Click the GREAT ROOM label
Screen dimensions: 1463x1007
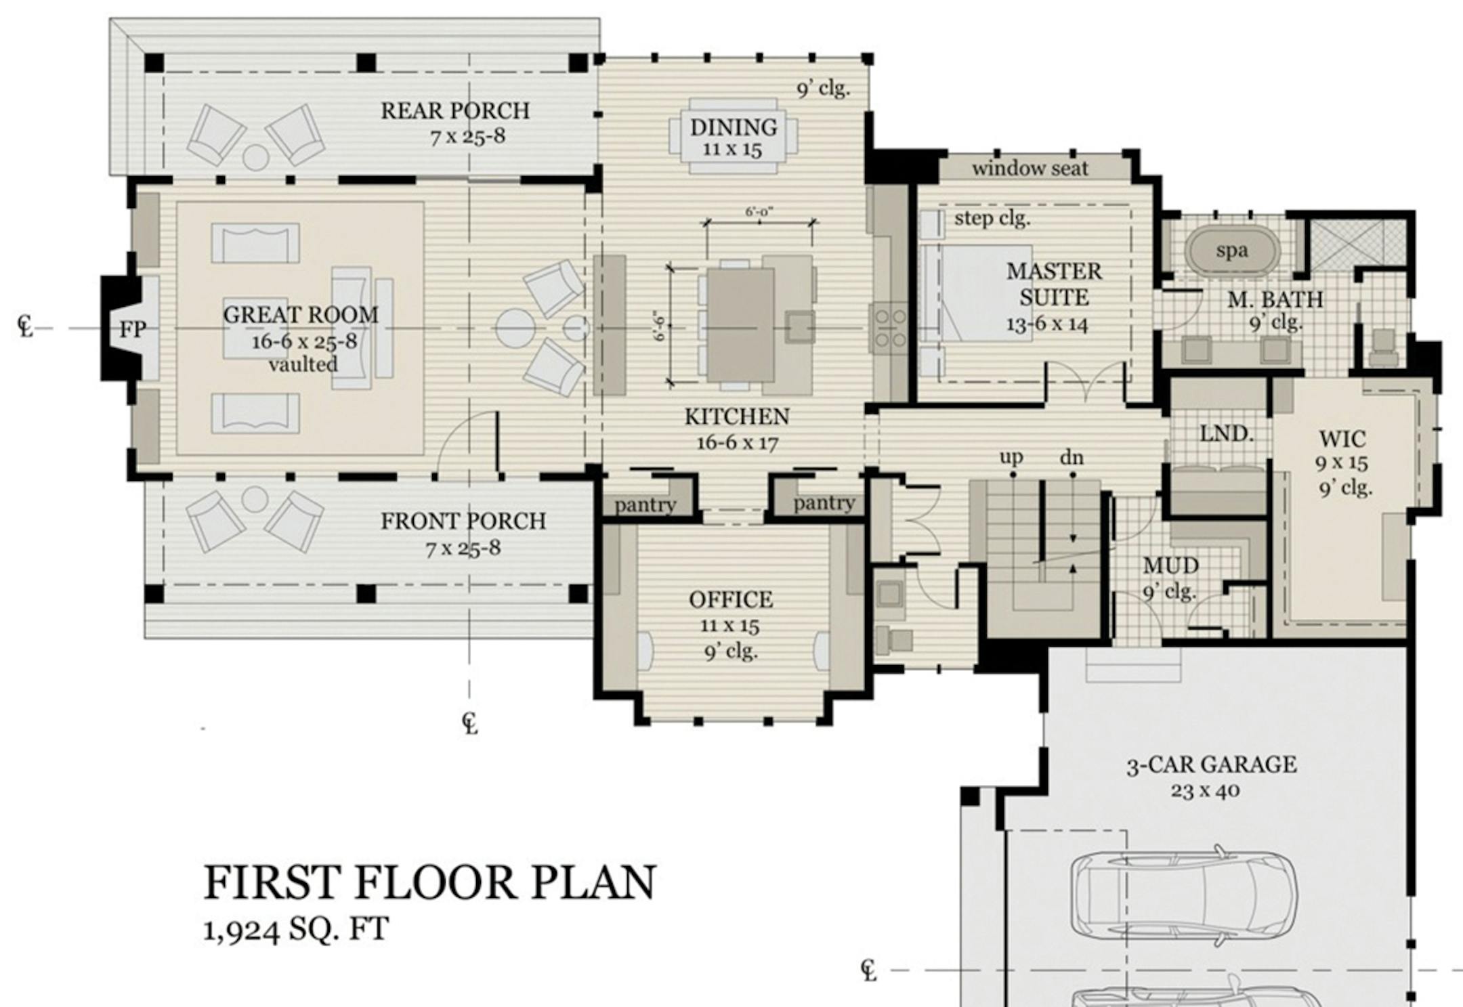pyautogui.click(x=301, y=315)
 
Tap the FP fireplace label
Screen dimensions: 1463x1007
pyautogui.click(x=133, y=330)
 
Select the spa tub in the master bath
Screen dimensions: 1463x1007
pyautogui.click(x=1232, y=251)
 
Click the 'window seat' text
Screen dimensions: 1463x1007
pyautogui.click(x=1030, y=169)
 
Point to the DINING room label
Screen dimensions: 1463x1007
pyautogui.click(x=734, y=127)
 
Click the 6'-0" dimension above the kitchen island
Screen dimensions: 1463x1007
pyautogui.click(x=759, y=212)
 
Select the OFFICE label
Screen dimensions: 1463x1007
pyautogui.click(x=731, y=599)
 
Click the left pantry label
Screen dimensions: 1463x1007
pyautogui.click(x=645, y=505)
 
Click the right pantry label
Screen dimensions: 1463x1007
pyautogui.click(x=824, y=503)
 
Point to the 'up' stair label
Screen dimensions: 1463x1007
pyautogui.click(x=1011, y=458)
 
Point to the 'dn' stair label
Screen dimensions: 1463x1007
pyautogui.click(x=1072, y=458)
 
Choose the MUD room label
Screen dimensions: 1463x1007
pyautogui.click(x=1170, y=565)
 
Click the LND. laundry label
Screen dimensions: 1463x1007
pyautogui.click(x=1227, y=433)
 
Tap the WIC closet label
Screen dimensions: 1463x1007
pyautogui.click(x=1342, y=440)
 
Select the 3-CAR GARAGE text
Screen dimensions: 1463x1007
pyautogui.click(x=1212, y=765)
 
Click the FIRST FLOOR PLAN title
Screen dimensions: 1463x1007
pyautogui.click(x=429, y=882)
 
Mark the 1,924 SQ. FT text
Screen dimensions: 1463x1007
pyautogui.click(x=296, y=929)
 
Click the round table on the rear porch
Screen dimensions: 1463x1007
pyautogui.click(x=256, y=157)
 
